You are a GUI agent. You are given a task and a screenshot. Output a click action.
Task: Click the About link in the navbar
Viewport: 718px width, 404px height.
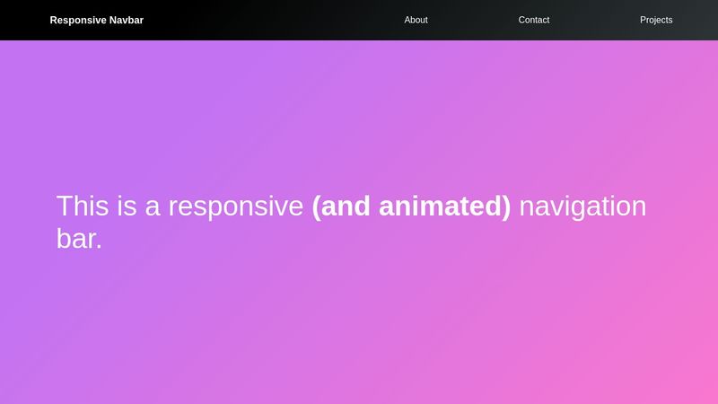pyautogui.click(x=416, y=20)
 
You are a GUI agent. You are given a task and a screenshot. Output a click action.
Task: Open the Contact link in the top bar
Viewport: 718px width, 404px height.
pyautogui.click(x=534, y=20)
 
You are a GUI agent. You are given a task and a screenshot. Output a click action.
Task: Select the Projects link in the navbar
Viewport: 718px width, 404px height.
pyautogui.click(x=656, y=20)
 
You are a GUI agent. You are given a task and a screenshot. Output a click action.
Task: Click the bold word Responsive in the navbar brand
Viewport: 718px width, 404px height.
pyautogui.click(x=77, y=20)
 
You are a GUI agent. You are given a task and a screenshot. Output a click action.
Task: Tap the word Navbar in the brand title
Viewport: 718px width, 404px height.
pyautogui.click(x=127, y=20)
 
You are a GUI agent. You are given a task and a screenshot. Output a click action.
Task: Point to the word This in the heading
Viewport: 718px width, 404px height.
pyautogui.click(x=83, y=206)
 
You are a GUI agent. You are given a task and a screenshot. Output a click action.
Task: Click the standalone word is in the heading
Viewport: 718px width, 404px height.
pyautogui.click(x=127, y=206)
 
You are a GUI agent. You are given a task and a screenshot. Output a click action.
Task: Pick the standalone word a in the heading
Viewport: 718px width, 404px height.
pyautogui.click(x=153, y=207)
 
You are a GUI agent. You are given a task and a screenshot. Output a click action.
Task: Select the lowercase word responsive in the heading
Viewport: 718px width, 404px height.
pyautogui.click(x=235, y=207)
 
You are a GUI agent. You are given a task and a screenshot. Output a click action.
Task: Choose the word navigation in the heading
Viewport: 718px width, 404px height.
pyautogui.click(x=582, y=207)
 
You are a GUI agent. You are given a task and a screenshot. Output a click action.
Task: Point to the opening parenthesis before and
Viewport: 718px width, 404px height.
pyautogui.click(x=317, y=207)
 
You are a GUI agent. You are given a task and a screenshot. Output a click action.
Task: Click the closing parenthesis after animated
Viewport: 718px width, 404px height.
pyautogui.click(x=506, y=207)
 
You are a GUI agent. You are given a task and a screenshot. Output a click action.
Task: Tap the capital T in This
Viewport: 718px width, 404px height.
pyautogui.click(x=66, y=206)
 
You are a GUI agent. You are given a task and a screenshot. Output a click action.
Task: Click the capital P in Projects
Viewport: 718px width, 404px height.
pyautogui.click(x=644, y=20)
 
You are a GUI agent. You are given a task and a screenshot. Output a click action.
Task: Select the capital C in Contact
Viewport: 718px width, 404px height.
pyautogui.click(x=522, y=20)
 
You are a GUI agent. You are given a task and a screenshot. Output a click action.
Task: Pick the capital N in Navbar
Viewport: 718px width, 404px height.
pyautogui.click(x=113, y=20)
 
